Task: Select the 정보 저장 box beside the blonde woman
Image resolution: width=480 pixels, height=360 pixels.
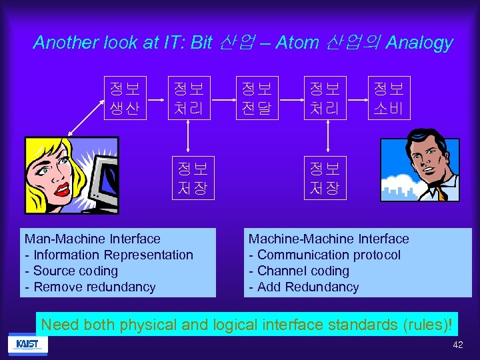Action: [192, 177]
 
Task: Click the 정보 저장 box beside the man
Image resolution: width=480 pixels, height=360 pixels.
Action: [325, 177]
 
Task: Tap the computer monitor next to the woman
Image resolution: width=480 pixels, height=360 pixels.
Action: [100, 180]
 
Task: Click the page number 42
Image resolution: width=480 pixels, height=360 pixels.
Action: [457, 345]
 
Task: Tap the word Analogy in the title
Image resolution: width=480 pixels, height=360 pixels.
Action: [419, 43]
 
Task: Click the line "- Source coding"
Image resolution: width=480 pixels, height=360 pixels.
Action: [71, 271]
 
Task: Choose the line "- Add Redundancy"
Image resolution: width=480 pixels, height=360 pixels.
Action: [303, 287]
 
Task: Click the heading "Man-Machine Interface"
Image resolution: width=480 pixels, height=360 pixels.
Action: [92, 239]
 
